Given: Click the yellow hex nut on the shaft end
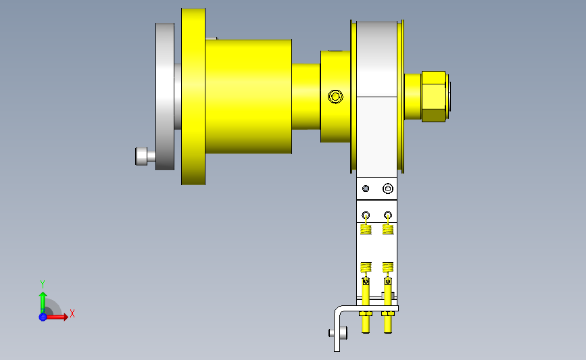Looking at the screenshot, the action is (433, 97).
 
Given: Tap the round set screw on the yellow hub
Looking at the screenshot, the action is (335, 97).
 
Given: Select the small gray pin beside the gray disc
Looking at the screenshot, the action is (145, 157).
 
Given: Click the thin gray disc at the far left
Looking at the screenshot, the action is (165, 97).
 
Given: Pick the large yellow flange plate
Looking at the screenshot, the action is (193, 97).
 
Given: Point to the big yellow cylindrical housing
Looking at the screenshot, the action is (249, 97).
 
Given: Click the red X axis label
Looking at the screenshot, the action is (72, 313).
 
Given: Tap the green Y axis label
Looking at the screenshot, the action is (43, 284).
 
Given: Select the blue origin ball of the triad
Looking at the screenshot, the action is (43, 317).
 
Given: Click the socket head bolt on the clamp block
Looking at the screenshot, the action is (388, 188).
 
